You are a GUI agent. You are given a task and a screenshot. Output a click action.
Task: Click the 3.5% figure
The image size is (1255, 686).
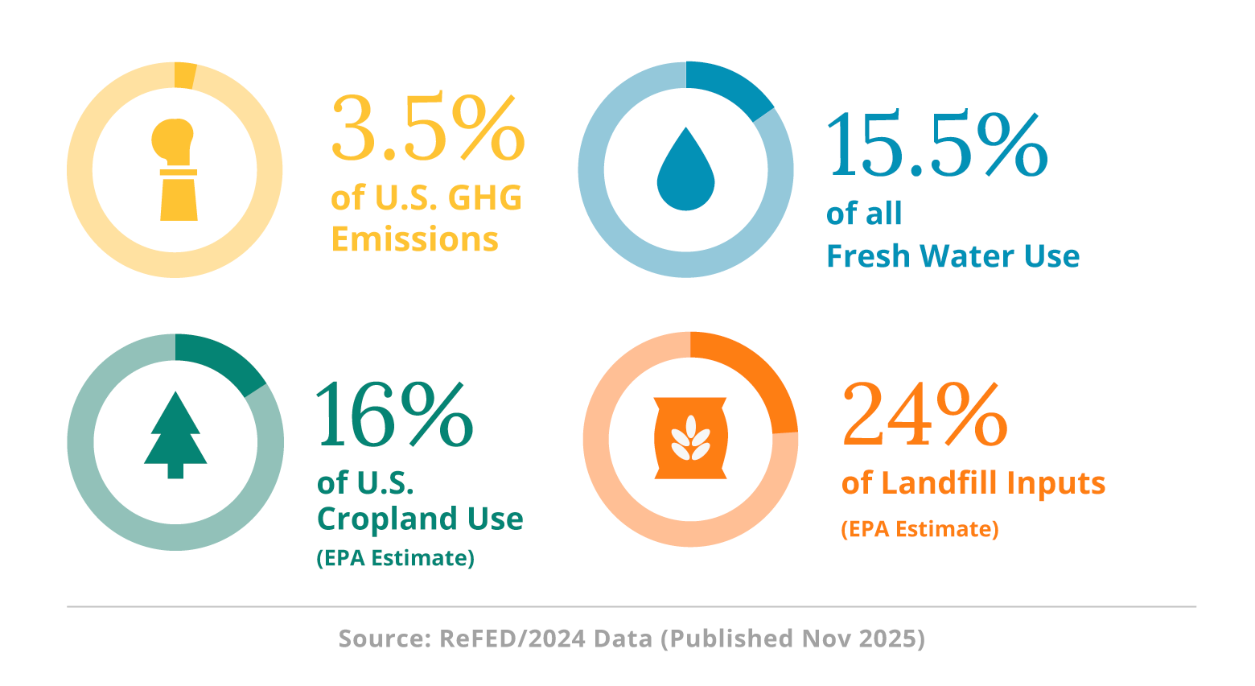(x=428, y=128)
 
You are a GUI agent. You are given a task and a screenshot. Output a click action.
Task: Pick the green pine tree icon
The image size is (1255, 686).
(x=175, y=436)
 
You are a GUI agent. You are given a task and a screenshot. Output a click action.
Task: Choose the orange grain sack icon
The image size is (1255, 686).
(x=690, y=437)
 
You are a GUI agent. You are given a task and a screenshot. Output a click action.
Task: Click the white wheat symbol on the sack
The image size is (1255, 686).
(x=690, y=438)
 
